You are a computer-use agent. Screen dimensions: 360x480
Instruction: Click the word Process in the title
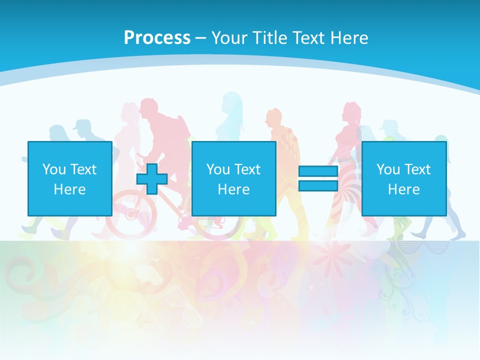[x=157, y=38]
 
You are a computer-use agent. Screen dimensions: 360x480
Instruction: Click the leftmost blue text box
[x=69, y=178]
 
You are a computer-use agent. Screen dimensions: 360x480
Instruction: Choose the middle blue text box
[x=233, y=178]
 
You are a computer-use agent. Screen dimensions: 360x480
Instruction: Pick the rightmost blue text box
[x=403, y=178]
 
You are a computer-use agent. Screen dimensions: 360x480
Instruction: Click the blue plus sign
[x=152, y=179]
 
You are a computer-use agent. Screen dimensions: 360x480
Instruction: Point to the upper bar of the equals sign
[x=318, y=171]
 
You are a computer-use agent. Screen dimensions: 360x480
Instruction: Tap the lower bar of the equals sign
[x=318, y=185]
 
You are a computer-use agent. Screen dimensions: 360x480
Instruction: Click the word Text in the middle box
[x=247, y=169]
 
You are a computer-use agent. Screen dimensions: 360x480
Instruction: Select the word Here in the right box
[x=403, y=189]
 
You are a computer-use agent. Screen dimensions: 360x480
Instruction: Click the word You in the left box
[x=54, y=169]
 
